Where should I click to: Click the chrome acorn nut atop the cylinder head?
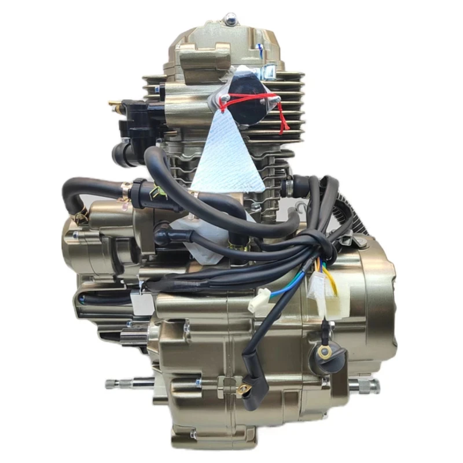pos(231,20)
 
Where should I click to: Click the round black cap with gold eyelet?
pos(332,356)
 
